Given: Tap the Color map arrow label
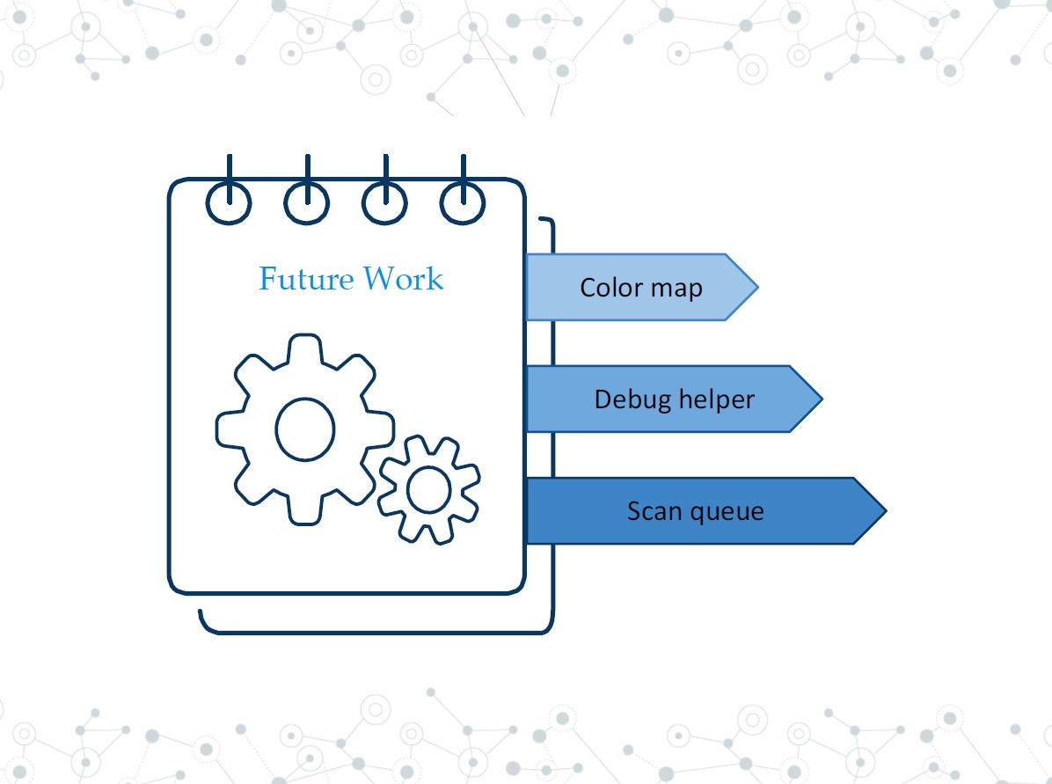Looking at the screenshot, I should pos(640,288).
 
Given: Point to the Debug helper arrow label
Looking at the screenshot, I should pos(674,399).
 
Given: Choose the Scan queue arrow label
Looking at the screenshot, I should pos(695,511).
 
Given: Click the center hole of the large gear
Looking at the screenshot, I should pos(305,429).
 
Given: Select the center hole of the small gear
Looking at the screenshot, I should pos(429,489).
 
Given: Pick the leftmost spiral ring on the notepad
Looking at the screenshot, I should pos(230,203).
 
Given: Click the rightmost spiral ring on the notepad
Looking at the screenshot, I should pos(463,203).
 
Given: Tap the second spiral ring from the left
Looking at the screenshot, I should pos(307,203).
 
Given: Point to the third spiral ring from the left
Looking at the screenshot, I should pos(385,203).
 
